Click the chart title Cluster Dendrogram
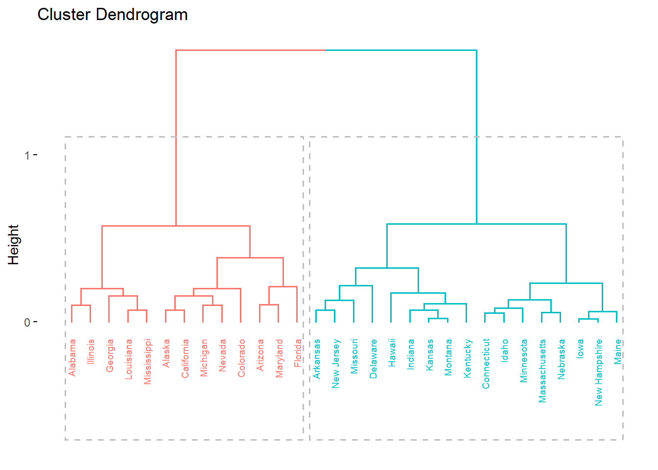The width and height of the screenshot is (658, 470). point(113,15)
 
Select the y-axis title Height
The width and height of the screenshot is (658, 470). point(13,244)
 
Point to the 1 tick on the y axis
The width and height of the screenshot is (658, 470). point(27,156)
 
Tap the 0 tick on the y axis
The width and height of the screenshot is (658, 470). point(27,323)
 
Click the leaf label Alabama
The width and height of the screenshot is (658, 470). point(72,358)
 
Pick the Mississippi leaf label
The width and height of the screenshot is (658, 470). point(147,362)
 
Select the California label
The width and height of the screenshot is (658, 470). point(185,359)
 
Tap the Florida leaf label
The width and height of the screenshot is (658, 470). point(298,353)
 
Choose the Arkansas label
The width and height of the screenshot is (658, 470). point(317,359)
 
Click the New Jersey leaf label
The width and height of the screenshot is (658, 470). point(336,364)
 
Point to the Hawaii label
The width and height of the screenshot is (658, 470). point(392,353)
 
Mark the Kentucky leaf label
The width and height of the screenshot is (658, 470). point(467,358)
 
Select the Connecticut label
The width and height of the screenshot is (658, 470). point(486,364)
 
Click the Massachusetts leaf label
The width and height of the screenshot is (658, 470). point(542,371)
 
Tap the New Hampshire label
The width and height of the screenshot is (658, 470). point(598,373)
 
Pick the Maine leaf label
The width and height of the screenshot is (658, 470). point(617,352)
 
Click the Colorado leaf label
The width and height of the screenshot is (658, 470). point(241,358)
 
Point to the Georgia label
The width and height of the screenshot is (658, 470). point(110,355)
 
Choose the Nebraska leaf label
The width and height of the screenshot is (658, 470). point(561,359)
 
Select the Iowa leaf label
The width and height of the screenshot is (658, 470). point(580,349)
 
